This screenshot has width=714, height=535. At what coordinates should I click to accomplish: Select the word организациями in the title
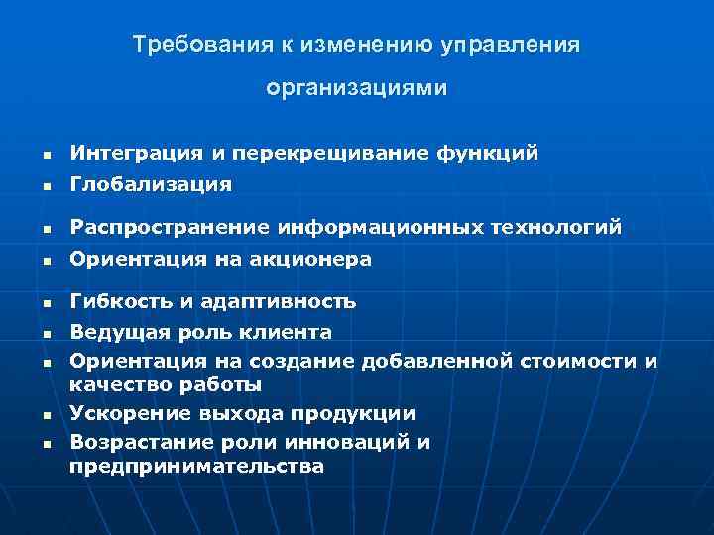click(x=357, y=88)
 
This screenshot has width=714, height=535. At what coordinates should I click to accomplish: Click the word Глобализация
click(x=151, y=184)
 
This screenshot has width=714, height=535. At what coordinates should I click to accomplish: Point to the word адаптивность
click(x=281, y=301)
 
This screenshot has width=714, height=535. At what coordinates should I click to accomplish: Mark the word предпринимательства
click(x=196, y=465)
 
